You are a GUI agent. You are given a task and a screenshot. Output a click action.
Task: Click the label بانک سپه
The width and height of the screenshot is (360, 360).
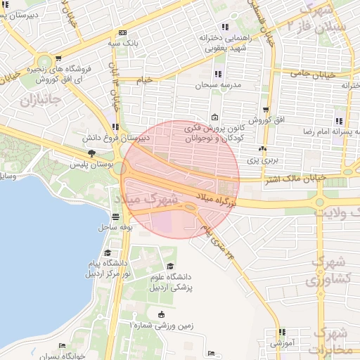click(x=122, y=43)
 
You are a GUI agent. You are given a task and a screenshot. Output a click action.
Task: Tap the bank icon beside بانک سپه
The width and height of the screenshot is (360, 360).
click(x=123, y=32)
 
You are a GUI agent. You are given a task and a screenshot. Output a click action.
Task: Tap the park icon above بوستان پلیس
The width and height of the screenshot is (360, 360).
click(x=91, y=153)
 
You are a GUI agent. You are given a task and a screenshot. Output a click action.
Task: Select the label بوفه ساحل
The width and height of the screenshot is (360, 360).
click(x=116, y=227)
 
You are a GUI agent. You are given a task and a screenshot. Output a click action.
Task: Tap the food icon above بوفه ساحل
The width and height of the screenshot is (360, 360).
click(x=116, y=217)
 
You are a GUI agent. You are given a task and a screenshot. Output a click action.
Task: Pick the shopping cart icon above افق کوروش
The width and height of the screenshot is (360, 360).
click(x=265, y=109)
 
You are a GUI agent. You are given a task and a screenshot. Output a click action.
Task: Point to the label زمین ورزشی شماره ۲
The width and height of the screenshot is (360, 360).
click(x=160, y=326)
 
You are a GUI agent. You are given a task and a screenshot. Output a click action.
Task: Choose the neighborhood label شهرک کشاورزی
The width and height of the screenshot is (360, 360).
click(x=325, y=270)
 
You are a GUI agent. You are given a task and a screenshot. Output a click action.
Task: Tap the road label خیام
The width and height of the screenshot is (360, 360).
click(x=143, y=80)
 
